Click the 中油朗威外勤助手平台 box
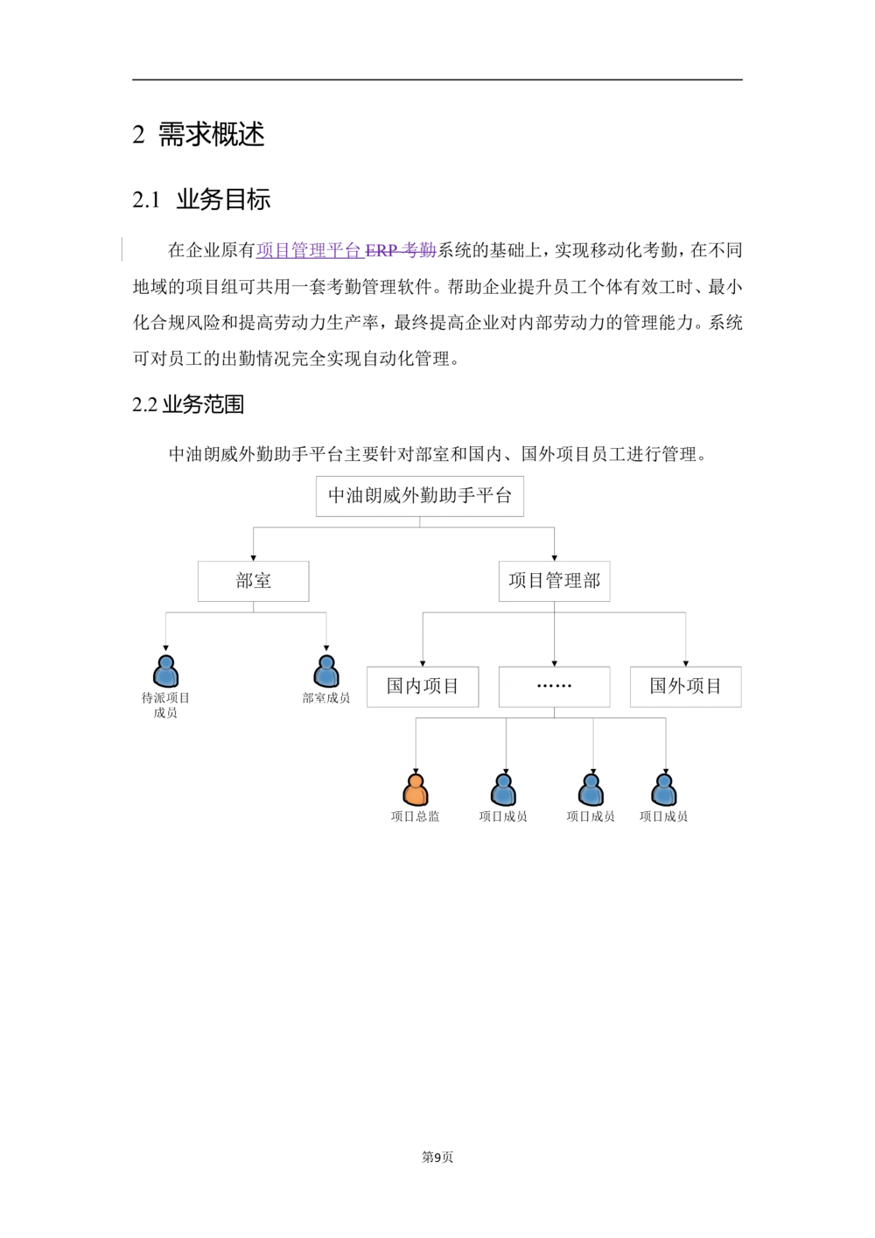click(419, 495)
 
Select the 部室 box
click(253, 581)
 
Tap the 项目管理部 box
click(555, 581)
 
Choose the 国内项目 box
click(423, 686)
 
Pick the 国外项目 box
click(685, 686)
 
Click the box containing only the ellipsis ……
click(554, 686)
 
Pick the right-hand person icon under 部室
click(325, 672)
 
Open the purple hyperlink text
click(346, 250)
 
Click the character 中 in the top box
click(337, 496)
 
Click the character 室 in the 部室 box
click(262, 581)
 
